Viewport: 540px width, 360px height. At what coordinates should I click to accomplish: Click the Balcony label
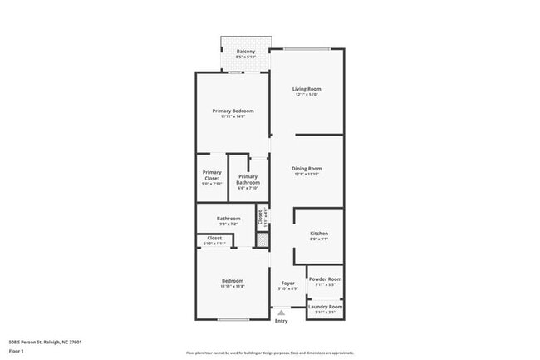click(x=246, y=52)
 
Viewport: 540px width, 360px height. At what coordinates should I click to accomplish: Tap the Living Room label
click(x=307, y=89)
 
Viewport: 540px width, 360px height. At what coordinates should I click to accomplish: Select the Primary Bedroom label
click(x=233, y=111)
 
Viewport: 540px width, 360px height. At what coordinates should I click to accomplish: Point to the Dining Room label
click(x=307, y=169)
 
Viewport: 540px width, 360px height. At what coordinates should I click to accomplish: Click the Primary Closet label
click(x=212, y=175)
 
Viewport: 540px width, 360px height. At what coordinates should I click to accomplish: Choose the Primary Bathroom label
click(x=248, y=179)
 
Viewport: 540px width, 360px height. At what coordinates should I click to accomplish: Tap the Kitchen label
click(x=319, y=234)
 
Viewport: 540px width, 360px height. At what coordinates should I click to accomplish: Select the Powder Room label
click(x=324, y=279)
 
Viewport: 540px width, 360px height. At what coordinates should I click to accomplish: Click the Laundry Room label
click(x=324, y=307)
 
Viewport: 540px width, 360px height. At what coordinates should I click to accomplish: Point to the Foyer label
click(x=288, y=283)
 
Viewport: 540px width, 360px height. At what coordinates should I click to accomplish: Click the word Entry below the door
click(x=282, y=321)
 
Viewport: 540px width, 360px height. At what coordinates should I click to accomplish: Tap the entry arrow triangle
click(x=282, y=313)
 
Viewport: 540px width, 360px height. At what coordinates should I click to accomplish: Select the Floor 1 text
click(x=16, y=352)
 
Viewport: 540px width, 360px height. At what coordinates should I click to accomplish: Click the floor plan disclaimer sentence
click(x=270, y=352)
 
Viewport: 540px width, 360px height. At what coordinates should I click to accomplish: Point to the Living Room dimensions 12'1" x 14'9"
click(x=307, y=95)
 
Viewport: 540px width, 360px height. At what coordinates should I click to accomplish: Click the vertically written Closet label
click(x=260, y=217)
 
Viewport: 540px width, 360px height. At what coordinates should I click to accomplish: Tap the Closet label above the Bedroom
click(x=214, y=238)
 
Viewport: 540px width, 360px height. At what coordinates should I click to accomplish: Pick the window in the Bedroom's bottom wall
click(x=233, y=319)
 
